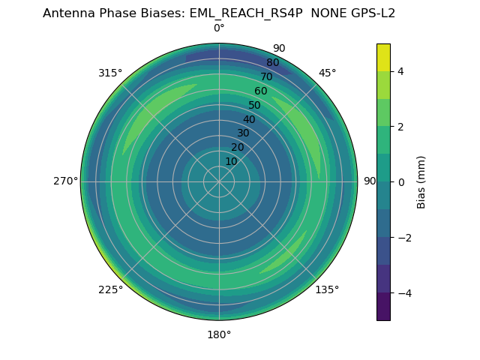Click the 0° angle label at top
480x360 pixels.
219,28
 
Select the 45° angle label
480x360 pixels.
327,73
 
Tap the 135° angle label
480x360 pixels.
327,289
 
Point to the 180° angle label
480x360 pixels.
219,334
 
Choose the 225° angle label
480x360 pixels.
110,290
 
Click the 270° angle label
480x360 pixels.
65,181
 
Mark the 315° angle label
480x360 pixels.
110,73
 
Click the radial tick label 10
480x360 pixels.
231,161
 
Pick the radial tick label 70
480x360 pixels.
266,76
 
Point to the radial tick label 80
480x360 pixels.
272,63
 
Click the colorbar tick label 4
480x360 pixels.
400,71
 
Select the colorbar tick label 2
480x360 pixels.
400,127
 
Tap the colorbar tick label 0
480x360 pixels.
400,182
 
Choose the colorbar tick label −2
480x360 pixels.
403,238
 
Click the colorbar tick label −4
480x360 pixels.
403,293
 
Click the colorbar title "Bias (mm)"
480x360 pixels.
421,182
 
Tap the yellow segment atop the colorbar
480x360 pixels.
383,57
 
